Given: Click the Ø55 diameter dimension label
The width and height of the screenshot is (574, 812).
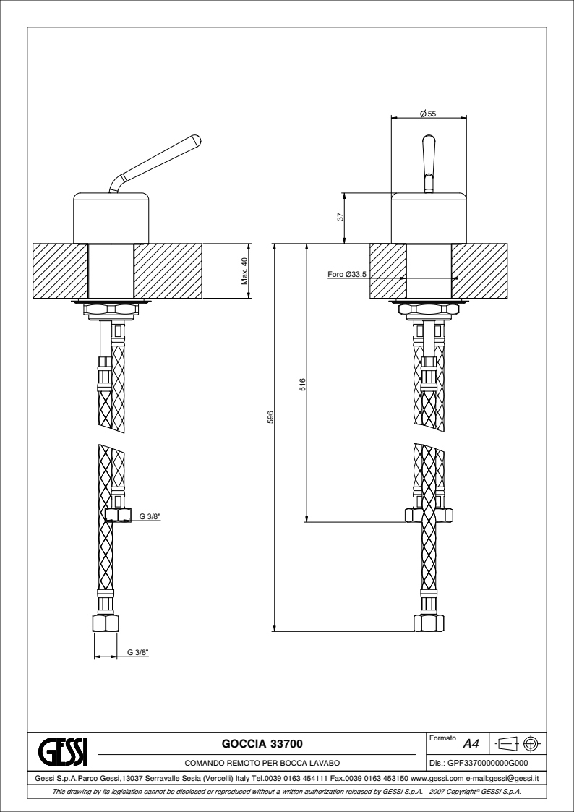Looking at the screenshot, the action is (429, 114).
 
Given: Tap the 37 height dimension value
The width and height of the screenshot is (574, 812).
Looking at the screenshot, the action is (340, 218).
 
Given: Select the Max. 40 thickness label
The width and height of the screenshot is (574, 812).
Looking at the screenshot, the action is (244, 271).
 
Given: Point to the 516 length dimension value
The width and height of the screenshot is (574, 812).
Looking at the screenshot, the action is (304, 384).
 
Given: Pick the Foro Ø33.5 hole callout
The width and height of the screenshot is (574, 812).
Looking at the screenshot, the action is (347, 274).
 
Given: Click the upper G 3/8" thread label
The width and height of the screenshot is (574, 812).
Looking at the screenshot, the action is (150, 516).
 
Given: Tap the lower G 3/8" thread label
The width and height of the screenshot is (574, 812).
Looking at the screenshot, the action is (138, 652).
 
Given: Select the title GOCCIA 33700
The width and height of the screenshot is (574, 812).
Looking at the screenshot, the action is (262, 743).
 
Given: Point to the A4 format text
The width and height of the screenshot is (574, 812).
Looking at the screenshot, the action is (471, 745).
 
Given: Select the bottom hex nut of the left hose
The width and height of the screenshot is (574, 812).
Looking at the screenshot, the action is (106, 623).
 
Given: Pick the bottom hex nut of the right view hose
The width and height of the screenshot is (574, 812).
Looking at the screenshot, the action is (428, 623).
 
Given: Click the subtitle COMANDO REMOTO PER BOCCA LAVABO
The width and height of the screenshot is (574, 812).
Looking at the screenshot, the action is (262, 763).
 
